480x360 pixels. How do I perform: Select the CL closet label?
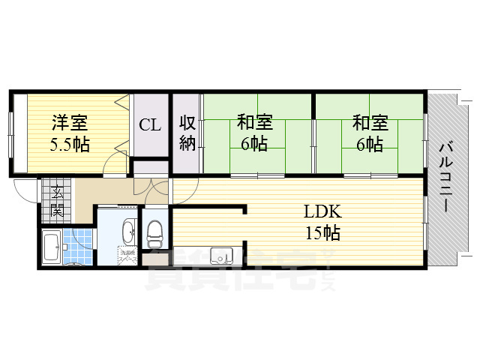click(150, 124)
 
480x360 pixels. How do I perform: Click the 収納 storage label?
click(187, 133)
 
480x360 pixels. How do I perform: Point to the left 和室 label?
click(255, 121)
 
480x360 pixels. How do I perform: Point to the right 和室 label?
click(370, 121)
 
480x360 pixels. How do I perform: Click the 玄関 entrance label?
click(56, 201)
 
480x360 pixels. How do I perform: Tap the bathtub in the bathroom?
click(52, 247)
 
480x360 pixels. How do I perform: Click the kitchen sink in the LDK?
click(222, 256)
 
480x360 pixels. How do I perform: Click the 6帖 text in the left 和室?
click(255, 144)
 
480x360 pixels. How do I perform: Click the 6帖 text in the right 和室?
click(370, 144)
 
